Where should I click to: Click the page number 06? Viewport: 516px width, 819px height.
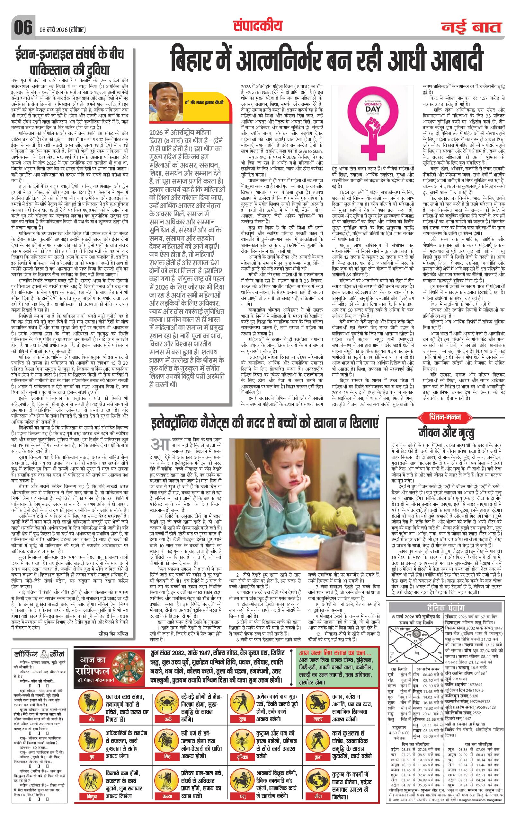23,27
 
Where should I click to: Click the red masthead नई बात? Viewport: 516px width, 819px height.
472,27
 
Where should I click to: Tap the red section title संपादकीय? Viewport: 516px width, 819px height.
258,25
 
